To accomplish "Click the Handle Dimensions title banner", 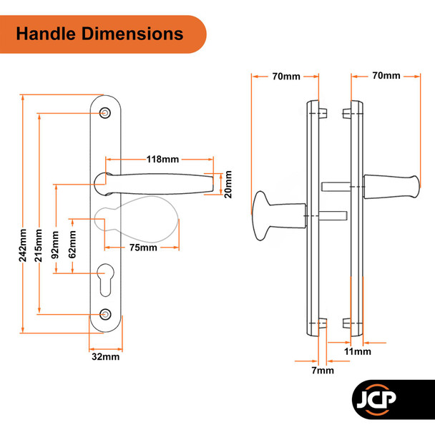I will [x=100, y=34].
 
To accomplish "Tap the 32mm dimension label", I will [x=105, y=356].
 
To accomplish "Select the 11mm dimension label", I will [x=358, y=351].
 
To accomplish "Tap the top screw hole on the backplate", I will [x=106, y=113].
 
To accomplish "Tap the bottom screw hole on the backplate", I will [x=106, y=315].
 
